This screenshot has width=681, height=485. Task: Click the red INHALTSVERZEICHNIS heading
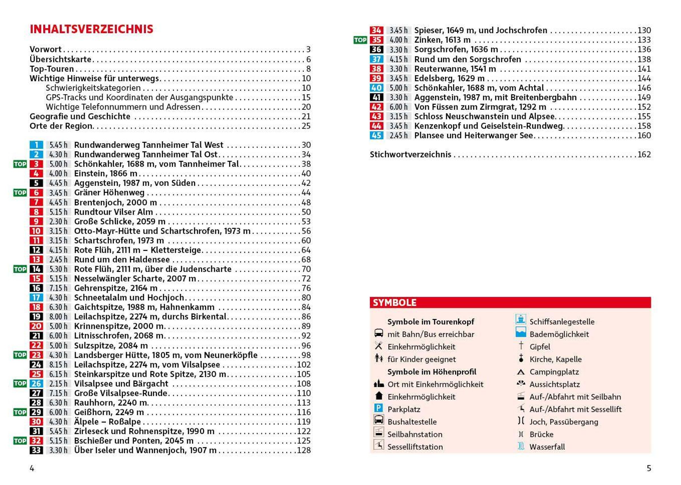tap(91, 29)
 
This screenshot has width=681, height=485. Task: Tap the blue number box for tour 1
tap(36, 145)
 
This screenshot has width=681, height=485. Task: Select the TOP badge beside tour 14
tap(20, 269)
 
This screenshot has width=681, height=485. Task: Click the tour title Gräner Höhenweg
tap(109, 193)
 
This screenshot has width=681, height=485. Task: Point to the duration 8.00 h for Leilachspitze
tap(58, 317)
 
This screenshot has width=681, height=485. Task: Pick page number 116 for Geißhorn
tap(304, 412)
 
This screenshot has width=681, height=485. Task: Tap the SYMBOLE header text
tap(394, 302)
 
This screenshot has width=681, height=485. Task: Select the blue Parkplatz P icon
tap(378, 408)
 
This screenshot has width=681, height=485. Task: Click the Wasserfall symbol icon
tap(521, 446)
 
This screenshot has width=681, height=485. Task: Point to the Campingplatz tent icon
tap(521, 372)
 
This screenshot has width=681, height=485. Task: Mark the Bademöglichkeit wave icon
tap(521, 333)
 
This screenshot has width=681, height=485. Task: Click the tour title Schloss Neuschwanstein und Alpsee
tap(484, 117)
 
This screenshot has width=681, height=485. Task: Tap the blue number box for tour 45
tap(376, 135)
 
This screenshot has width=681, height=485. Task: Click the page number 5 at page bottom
tap(649, 468)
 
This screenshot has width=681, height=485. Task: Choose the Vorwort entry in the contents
tap(45, 49)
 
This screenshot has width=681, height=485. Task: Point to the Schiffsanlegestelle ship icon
tap(521, 319)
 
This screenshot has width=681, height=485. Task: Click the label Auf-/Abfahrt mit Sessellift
tap(575, 409)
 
